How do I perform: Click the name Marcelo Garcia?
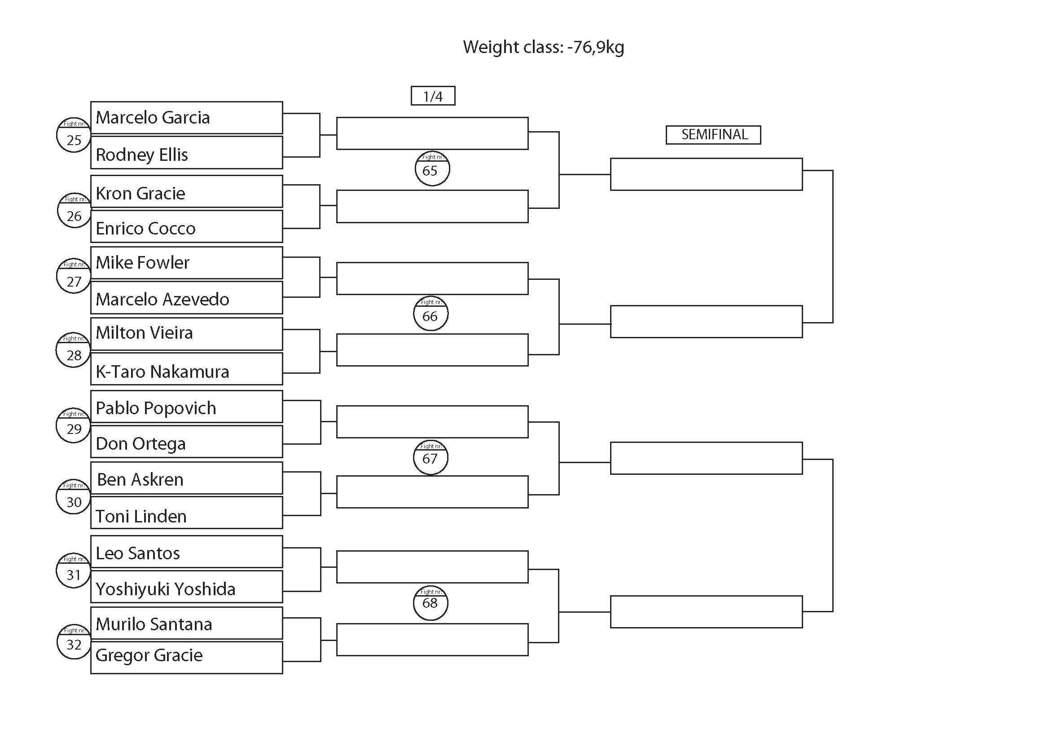tap(153, 118)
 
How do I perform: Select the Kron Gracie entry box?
tap(187, 192)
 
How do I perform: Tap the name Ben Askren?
tap(141, 479)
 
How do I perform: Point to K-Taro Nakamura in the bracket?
tap(163, 371)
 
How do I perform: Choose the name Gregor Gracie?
tap(149, 655)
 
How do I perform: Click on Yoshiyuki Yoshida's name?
tap(166, 589)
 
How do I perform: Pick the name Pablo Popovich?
tap(156, 408)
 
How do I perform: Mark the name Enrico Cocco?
tap(145, 228)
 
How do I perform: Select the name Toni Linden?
tap(141, 517)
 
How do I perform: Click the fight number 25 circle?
tap(74, 135)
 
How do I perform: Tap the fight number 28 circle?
tap(73, 350)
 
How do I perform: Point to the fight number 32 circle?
tap(74, 641)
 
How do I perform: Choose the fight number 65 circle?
tap(432, 168)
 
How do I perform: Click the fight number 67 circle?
tap(431, 457)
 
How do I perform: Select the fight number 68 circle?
tap(431, 603)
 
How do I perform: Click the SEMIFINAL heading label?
tap(713, 135)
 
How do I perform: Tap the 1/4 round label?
tap(433, 96)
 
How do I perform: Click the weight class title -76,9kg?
tap(543, 47)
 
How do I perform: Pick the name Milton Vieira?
tap(145, 332)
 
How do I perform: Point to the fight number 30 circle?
tap(73, 497)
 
